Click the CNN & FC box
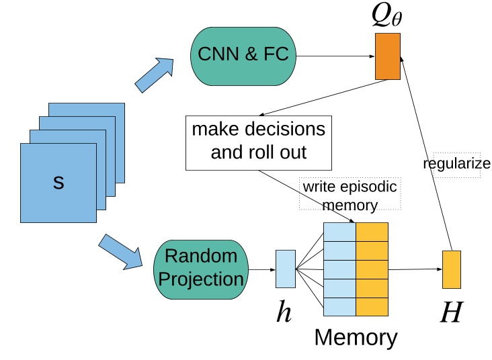coord(243,55)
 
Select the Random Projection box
coord(201,267)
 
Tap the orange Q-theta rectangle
coord(387,56)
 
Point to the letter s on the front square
coord(58,182)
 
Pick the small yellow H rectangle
coord(451,270)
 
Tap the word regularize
coord(456,164)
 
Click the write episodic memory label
coord(350,193)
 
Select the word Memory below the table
coord(356,336)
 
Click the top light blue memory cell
coord(339,232)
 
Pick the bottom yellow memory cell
coord(372,307)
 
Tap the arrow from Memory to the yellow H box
coord(415,269)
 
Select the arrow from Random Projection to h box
coord(262,270)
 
